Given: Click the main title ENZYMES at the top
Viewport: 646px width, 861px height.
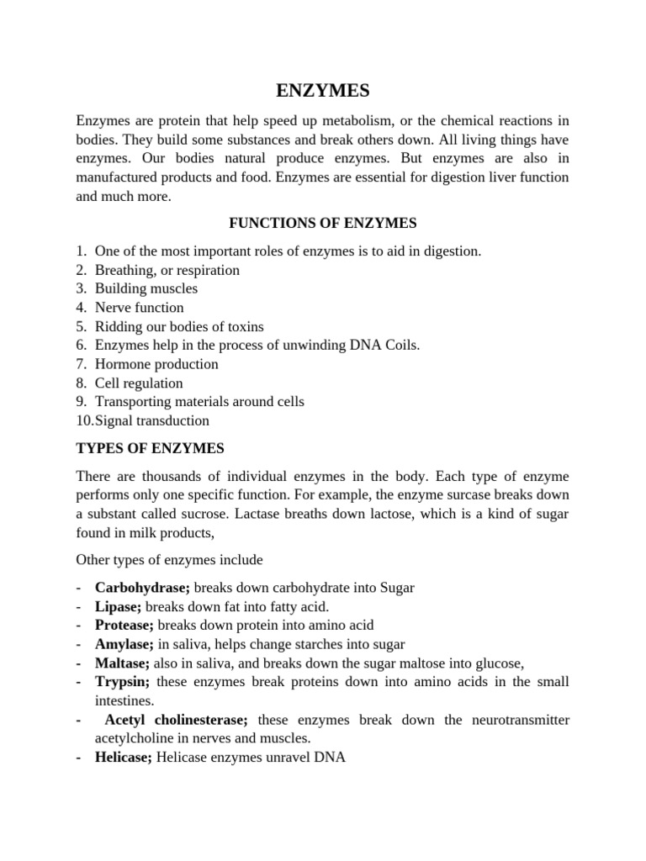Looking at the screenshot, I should [x=323, y=91].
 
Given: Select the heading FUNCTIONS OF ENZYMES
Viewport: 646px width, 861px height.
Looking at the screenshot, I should [x=323, y=223].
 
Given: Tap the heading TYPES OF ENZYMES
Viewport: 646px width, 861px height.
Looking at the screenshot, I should [x=150, y=448].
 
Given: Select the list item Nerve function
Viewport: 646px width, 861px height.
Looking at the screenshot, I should [x=139, y=308].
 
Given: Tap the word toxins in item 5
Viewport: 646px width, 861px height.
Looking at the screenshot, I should [x=244, y=326].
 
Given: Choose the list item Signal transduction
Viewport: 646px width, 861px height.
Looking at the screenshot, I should [x=152, y=420].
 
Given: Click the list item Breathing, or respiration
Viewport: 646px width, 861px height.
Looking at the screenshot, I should [x=167, y=270].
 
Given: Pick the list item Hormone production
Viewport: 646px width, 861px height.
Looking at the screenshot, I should [x=156, y=364].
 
